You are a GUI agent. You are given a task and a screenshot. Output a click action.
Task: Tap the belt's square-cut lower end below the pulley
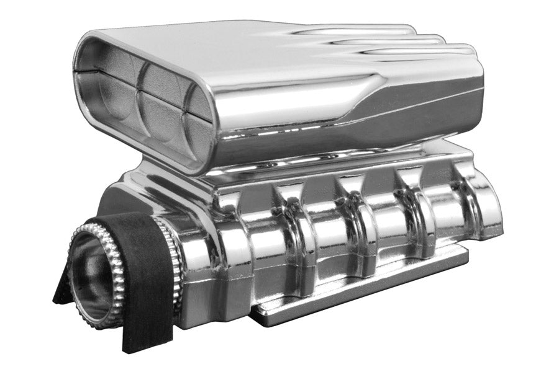140,335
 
